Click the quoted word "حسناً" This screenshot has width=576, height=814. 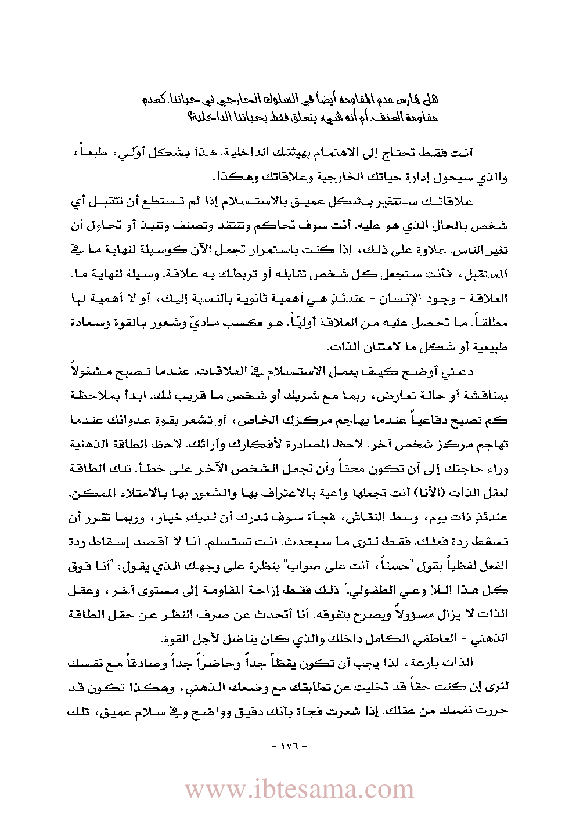tap(409, 563)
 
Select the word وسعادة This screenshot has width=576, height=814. tap(490, 323)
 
